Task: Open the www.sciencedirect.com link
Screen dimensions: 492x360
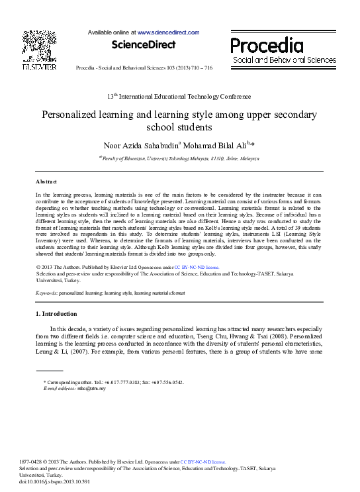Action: point(168,32)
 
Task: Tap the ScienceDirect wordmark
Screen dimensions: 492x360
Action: point(144,45)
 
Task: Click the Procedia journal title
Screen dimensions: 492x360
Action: point(267,46)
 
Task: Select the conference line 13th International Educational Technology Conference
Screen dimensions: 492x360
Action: point(179,97)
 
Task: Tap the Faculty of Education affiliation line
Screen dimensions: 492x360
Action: point(179,159)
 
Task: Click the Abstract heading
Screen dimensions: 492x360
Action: point(46,181)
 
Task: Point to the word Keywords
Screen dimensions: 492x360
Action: point(46,293)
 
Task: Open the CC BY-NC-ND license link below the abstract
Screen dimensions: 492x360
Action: point(197,267)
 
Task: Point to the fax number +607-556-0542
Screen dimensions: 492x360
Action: point(169,383)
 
